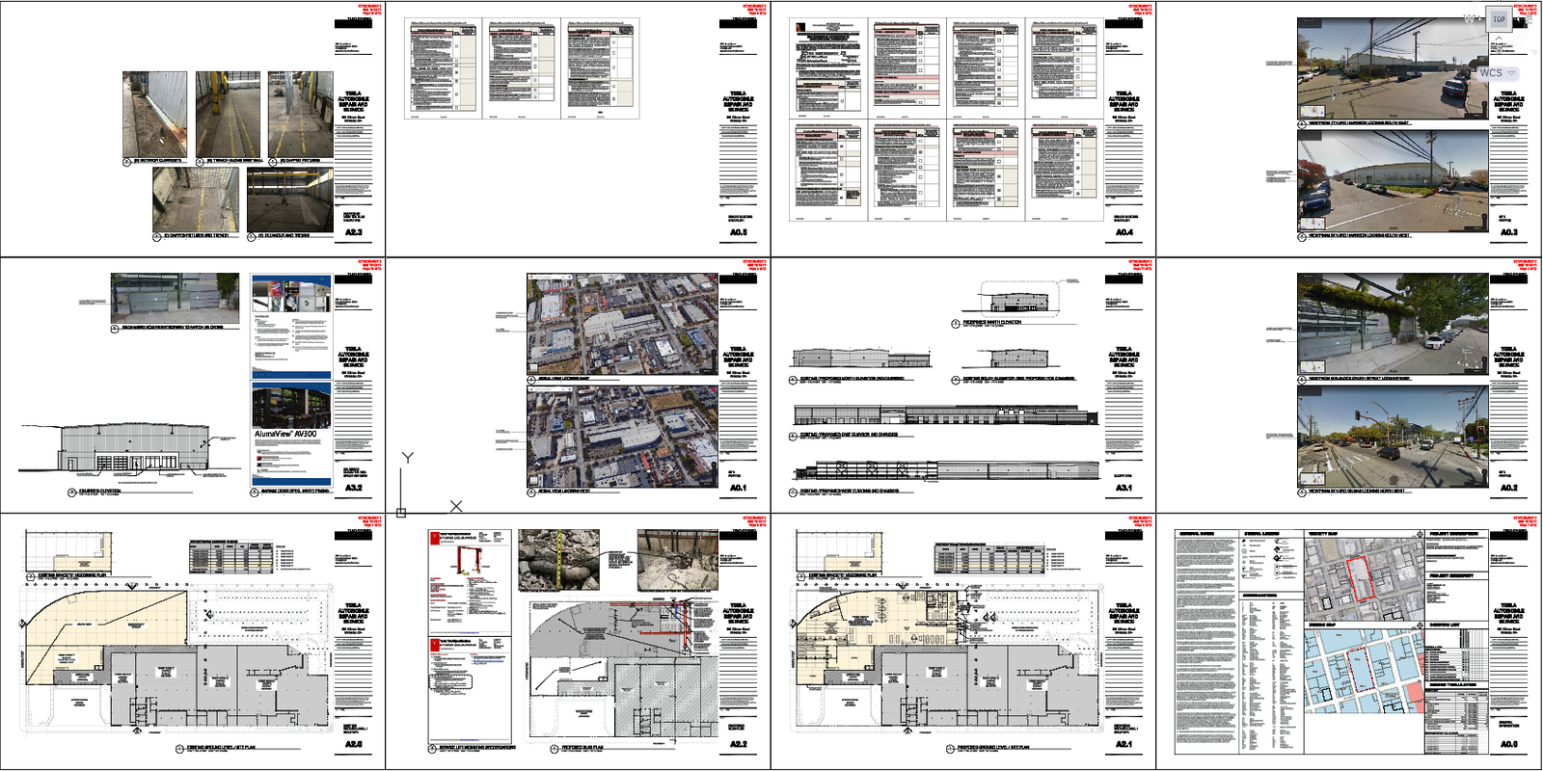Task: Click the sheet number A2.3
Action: [x=353, y=232]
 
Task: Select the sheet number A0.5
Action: [x=738, y=232]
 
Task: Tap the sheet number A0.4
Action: [x=1123, y=232]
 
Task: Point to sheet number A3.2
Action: [x=353, y=488]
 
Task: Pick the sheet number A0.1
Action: [x=738, y=488]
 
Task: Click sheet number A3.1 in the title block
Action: [x=1123, y=488]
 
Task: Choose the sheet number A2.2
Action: [x=738, y=744]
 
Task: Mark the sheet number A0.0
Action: [x=1508, y=744]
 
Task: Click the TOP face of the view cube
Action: [x=1499, y=19]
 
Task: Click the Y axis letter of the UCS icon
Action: [x=408, y=458]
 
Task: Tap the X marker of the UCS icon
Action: [x=456, y=506]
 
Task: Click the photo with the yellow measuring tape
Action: [x=558, y=558]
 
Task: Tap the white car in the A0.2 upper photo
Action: [x=1434, y=340]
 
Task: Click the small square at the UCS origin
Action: [x=400, y=513]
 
